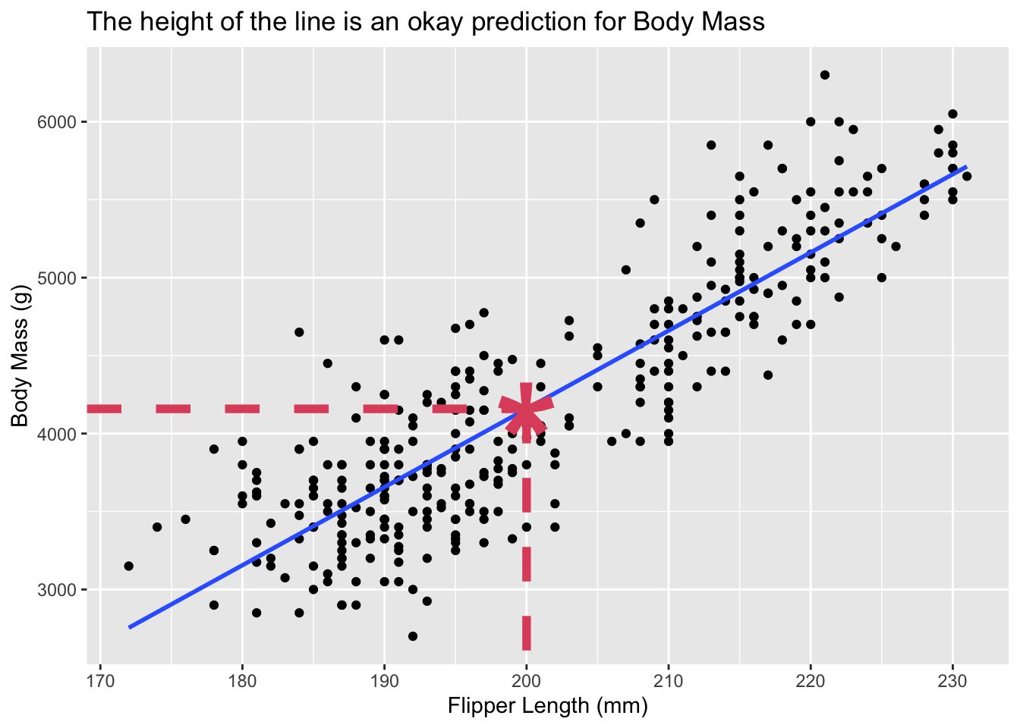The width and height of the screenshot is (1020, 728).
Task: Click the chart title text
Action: [x=426, y=21]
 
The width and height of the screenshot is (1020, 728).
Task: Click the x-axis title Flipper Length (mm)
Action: [x=547, y=706]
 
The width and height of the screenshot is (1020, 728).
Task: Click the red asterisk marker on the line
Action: [x=526, y=409]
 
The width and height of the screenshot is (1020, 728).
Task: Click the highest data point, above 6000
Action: [x=825, y=74]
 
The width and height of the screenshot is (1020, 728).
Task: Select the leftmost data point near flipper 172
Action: [x=128, y=566]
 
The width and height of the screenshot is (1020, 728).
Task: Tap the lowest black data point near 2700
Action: [x=413, y=635]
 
